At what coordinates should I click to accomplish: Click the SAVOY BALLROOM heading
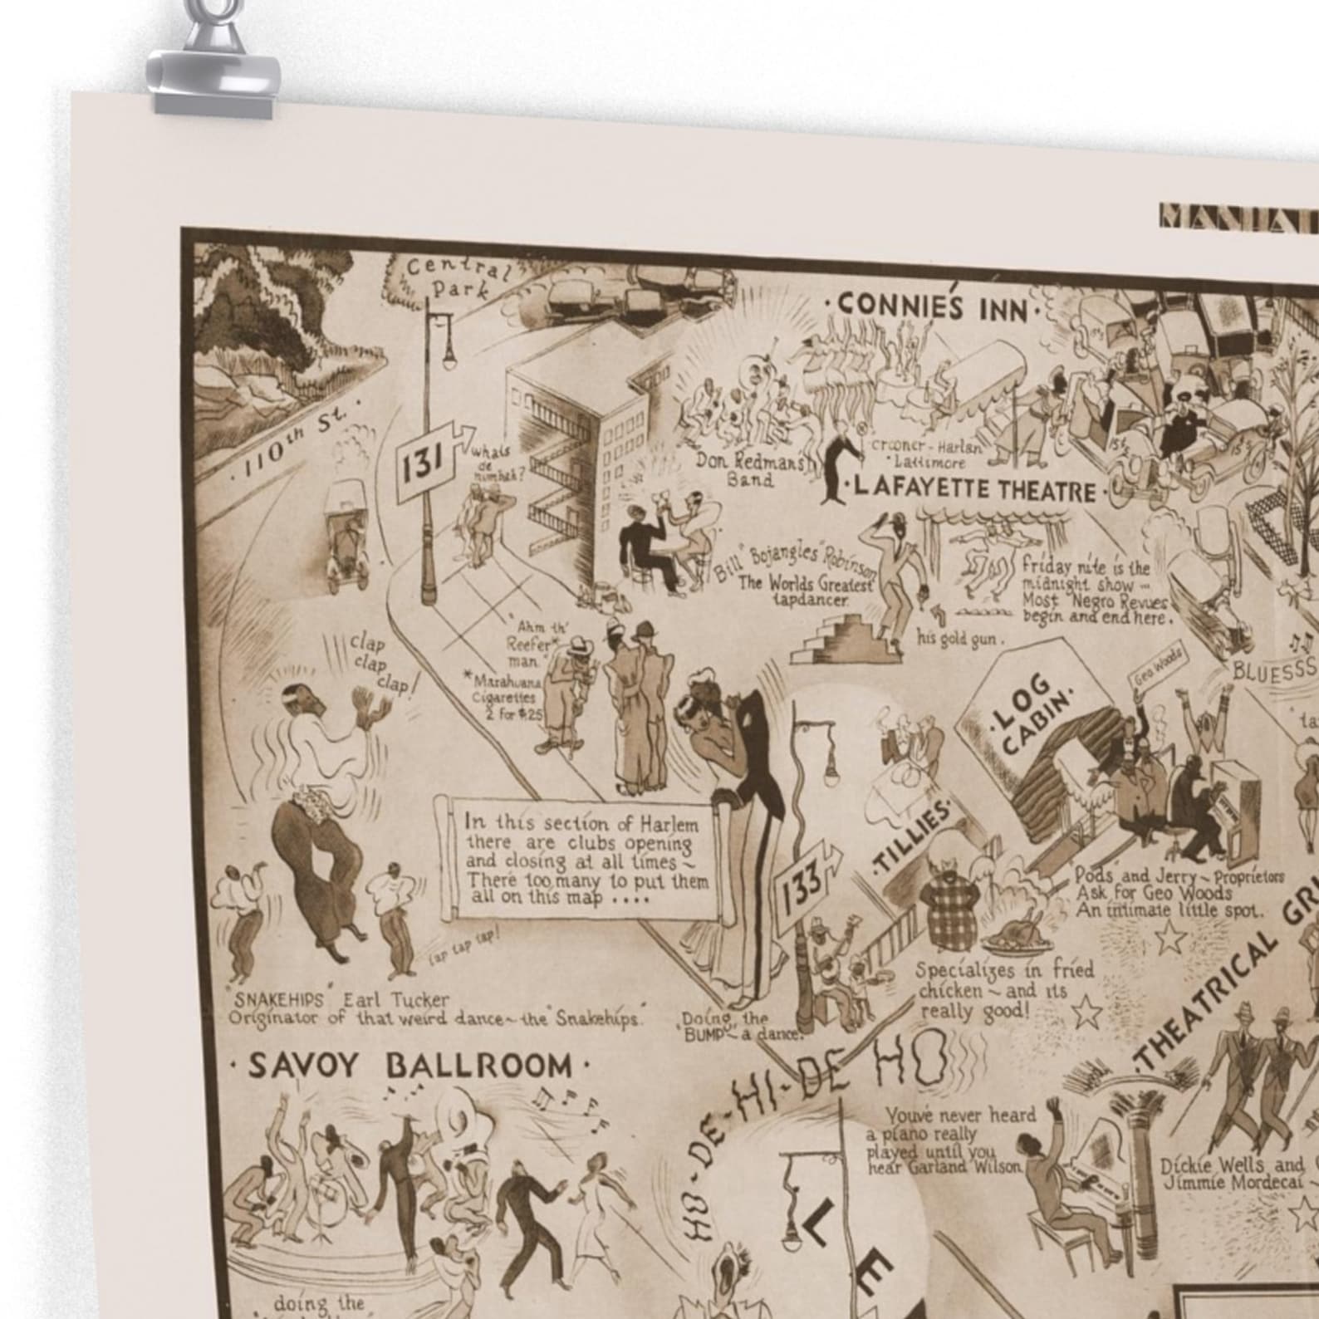coord(410,1066)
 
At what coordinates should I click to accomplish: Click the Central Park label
coord(454,278)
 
